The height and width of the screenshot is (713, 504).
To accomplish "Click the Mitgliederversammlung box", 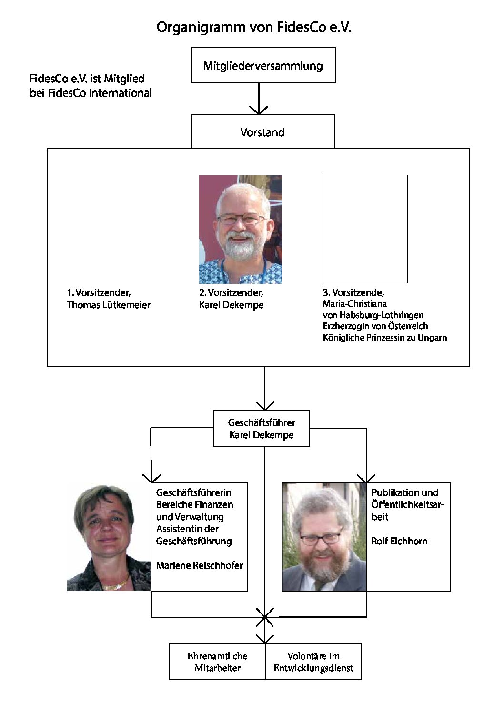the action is click(263, 65).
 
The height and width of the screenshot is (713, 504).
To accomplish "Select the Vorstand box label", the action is click(262, 132).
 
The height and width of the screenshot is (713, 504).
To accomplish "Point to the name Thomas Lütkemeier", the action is click(109, 305).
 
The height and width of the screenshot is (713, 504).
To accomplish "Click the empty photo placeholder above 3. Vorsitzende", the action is click(365, 229).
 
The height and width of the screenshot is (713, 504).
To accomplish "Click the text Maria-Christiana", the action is click(355, 304).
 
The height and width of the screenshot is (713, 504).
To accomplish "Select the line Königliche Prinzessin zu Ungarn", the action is click(384, 338).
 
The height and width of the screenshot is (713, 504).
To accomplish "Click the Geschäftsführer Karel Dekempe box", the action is click(262, 428).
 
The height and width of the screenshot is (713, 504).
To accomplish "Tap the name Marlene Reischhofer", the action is click(199, 565).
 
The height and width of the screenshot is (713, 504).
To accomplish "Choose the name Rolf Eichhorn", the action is click(399, 541).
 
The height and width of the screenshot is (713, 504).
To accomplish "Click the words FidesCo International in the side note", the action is click(100, 93).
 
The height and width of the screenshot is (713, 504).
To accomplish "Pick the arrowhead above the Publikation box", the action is click(366, 479).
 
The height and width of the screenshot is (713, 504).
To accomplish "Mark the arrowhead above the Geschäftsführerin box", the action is click(151, 479).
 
